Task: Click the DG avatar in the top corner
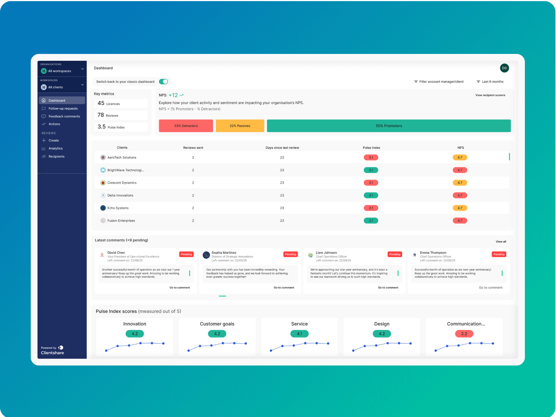tap(504, 68)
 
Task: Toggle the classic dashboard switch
tap(163, 81)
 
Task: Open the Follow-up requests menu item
tap(63, 108)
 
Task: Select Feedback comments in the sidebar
tap(64, 116)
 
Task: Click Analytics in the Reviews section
tap(56, 148)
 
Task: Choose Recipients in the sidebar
tap(56, 157)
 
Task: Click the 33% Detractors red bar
tap(186, 126)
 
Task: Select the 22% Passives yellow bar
tap(240, 126)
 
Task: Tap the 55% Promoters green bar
tap(389, 126)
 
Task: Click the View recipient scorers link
tap(490, 95)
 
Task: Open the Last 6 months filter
tap(490, 81)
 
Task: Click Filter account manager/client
tap(439, 81)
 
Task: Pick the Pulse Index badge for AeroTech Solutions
tap(371, 157)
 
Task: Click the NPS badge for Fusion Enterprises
tap(460, 220)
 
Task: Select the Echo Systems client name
tap(118, 208)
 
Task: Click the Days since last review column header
tap(282, 148)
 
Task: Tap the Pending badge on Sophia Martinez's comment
tap(291, 254)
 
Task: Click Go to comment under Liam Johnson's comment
tap(388, 287)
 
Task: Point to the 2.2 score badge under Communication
tap(464, 334)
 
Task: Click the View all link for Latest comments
tap(501, 242)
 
